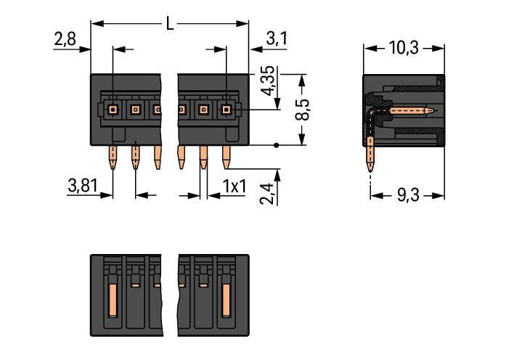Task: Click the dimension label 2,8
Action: (65, 40)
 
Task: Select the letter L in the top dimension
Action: (170, 24)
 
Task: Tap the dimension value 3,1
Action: (277, 40)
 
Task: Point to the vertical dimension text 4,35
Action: (267, 81)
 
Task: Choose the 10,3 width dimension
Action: (403, 48)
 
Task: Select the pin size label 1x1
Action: (234, 187)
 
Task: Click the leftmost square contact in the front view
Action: (113, 110)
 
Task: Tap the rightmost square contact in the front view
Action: (226, 110)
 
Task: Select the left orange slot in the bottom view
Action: (113, 302)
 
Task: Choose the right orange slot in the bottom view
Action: (226, 302)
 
